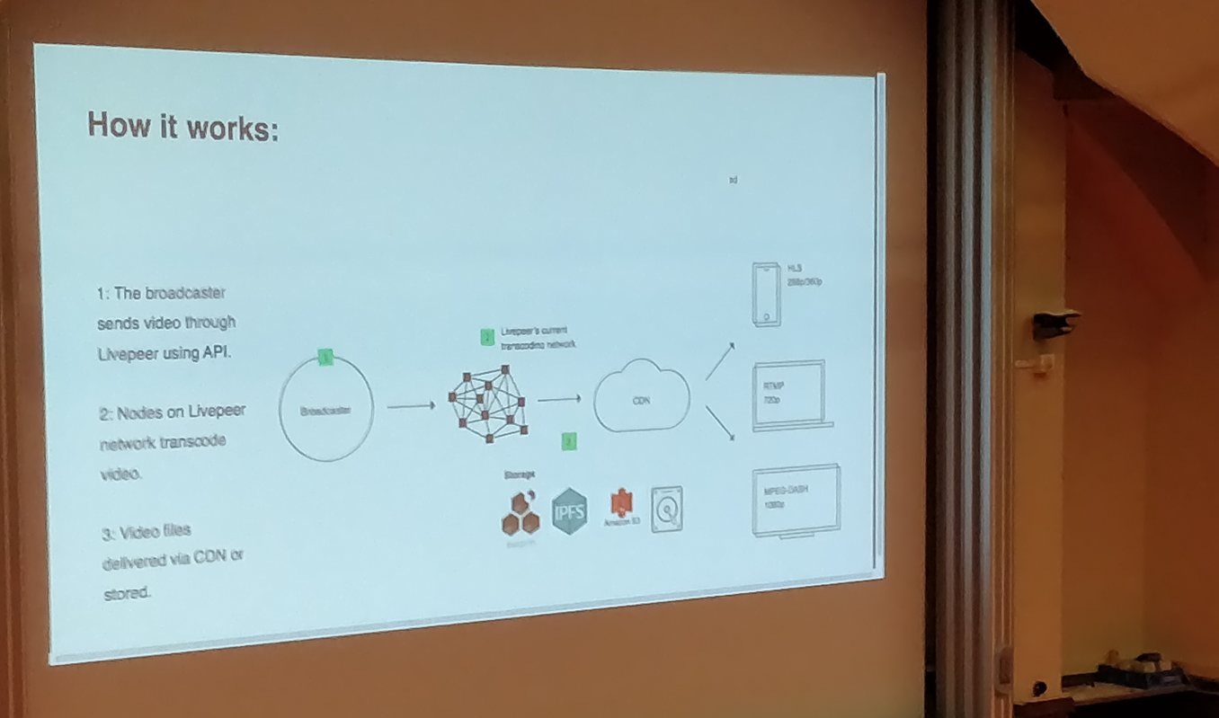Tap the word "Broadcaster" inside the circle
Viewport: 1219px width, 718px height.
pos(325,410)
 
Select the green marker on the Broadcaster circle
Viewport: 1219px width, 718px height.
pos(326,359)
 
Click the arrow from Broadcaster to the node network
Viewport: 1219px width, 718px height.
pos(412,406)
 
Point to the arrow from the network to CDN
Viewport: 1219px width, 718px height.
pos(559,399)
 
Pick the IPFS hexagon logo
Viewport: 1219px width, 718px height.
pos(570,510)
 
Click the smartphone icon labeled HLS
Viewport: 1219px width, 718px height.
pos(766,294)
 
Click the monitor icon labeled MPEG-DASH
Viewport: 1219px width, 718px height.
pos(796,501)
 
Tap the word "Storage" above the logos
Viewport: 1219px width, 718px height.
pos(521,474)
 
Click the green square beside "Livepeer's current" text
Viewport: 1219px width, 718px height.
pos(487,338)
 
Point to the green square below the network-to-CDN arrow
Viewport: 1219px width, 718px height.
pos(569,440)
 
